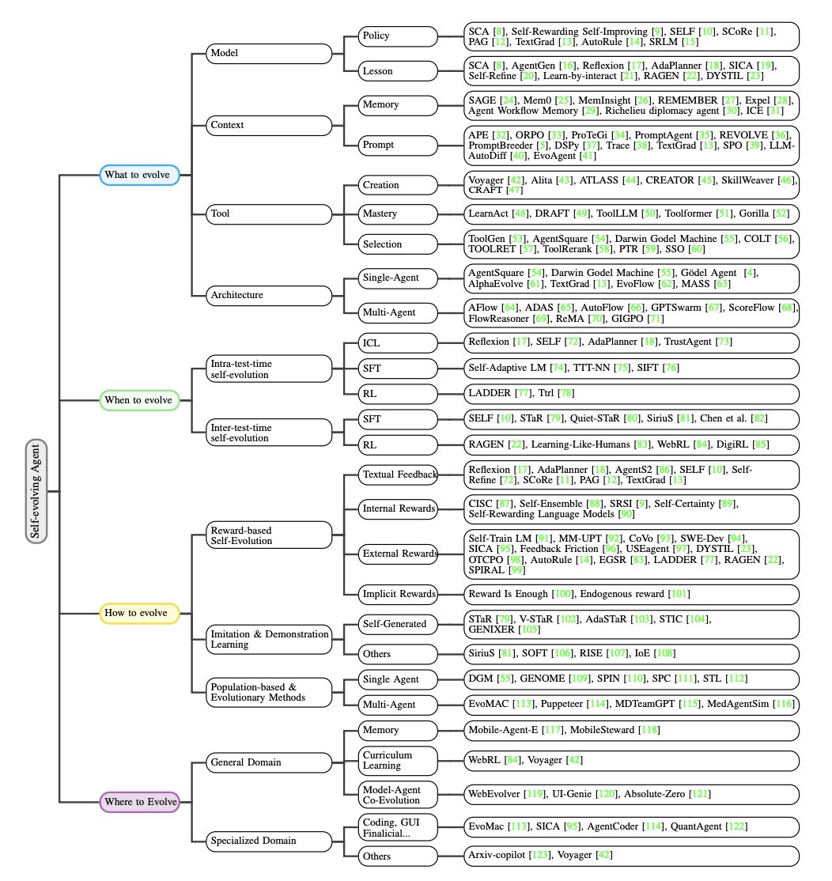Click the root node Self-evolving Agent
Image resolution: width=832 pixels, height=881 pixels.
click(36, 490)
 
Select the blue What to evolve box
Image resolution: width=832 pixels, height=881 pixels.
click(139, 174)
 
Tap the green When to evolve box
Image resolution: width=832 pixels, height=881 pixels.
click(139, 400)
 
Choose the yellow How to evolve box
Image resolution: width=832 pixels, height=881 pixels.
click(139, 612)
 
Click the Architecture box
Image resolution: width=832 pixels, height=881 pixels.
click(269, 295)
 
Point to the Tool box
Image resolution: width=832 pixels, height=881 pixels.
click(269, 213)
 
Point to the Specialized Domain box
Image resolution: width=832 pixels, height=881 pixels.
click(269, 840)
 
